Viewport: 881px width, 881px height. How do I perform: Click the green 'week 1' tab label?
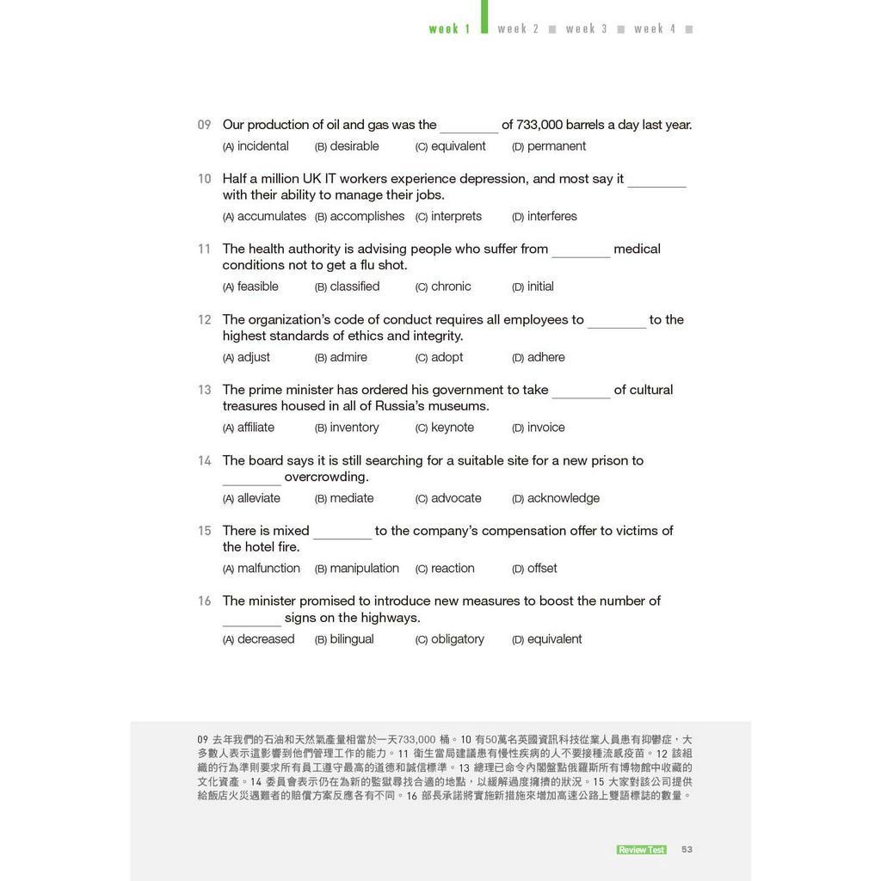[x=449, y=29]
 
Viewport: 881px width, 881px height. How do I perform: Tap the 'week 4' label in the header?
[x=655, y=29]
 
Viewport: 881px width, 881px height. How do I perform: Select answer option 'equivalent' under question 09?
[x=458, y=146]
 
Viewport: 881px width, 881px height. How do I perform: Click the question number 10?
[x=204, y=179]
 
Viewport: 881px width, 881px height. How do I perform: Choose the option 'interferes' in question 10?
[x=551, y=216]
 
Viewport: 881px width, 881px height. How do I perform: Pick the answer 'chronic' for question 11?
[x=451, y=286]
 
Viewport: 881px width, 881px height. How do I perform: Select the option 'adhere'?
[x=545, y=357]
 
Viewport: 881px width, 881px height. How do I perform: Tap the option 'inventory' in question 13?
[x=354, y=428]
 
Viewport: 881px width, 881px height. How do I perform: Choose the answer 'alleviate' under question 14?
[x=258, y=498]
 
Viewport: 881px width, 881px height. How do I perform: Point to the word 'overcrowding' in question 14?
[x=326, y=477]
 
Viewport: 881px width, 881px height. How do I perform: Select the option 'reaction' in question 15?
[x=453, y=569]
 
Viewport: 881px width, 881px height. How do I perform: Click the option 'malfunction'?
[x=268, y=569]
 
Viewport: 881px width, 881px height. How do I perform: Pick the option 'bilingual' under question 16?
[x=351, y=639]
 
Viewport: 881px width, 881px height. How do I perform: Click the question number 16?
[x=204, y=601]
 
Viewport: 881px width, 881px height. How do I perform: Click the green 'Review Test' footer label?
[x=641, y=850]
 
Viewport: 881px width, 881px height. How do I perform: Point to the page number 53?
[x=687, y=849]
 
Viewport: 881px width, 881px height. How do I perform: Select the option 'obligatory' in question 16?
[x=457, y=639]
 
